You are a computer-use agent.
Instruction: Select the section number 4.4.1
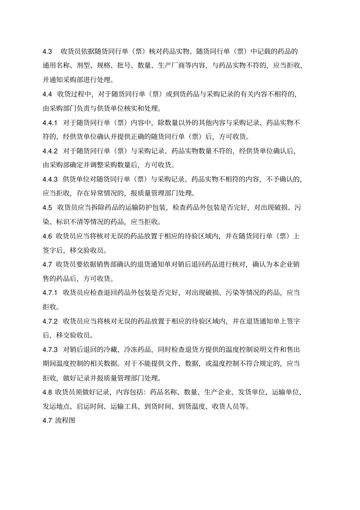point(50,123)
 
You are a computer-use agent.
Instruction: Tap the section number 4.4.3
point(50,179)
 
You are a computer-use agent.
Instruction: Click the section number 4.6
point(47,236)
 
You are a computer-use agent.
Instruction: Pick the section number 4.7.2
point(50,321)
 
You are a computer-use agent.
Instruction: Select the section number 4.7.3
point(50,350)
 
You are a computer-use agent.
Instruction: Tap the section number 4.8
point(47,392)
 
